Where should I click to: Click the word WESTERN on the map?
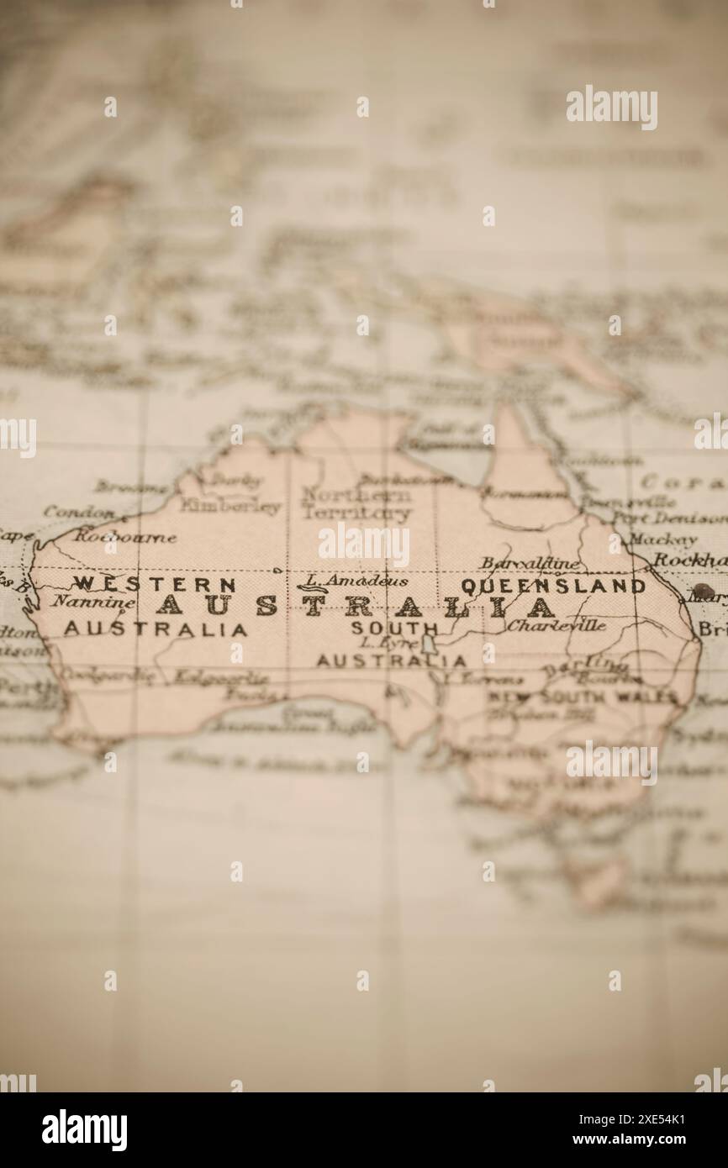[156, 583]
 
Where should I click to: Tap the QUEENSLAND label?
[553, 586]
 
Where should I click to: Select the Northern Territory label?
[356, 503]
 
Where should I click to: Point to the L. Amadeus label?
[356, 580]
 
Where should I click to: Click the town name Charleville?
[556, 625]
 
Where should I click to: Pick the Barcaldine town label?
[530, 563]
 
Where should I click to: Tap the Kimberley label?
[229, 507]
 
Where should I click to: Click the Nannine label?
[92, 602]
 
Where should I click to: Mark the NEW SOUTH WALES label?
[583, 697]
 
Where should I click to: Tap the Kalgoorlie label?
[220, 676]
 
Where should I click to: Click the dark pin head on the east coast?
[701, 591]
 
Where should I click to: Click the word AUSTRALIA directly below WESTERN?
[156, 629]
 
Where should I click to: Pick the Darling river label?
[585, 667]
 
